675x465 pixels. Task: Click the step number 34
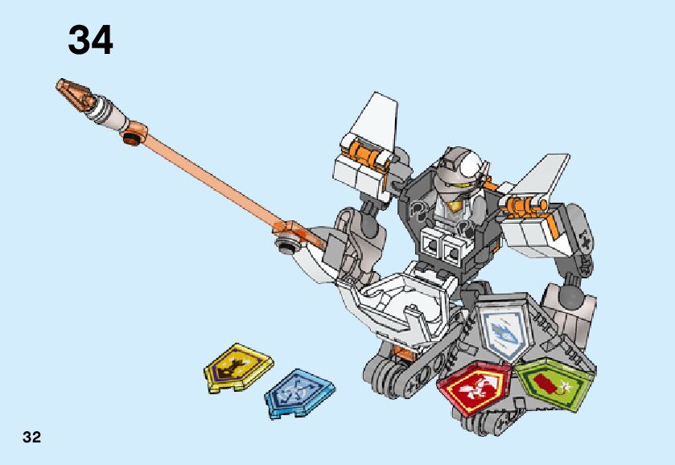[x=90, y=39]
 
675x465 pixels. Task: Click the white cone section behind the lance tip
[x=109, y=113]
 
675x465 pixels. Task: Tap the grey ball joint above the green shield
[x=572, y=300]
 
